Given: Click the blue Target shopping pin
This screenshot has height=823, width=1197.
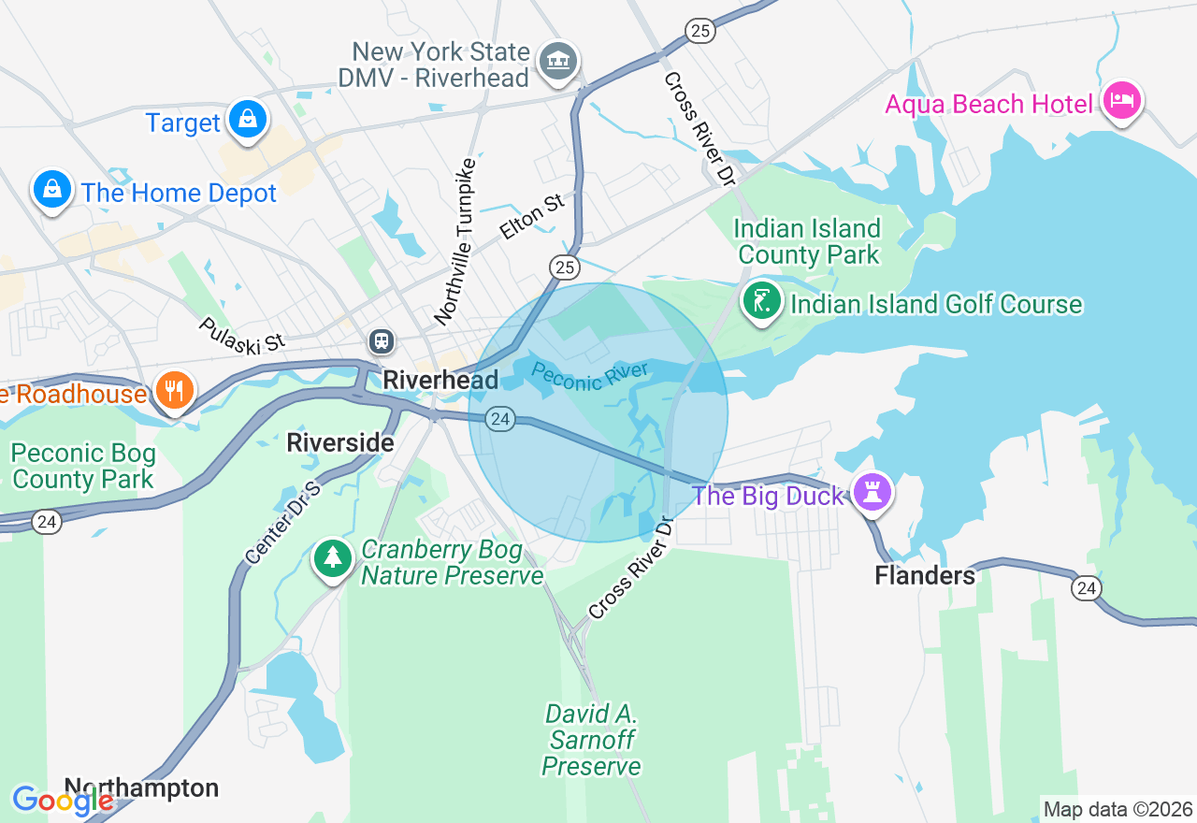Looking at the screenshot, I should (247, 120).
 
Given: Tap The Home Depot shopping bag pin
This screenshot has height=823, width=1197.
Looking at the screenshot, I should (52, 190).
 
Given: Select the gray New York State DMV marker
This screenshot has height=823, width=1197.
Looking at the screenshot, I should (558, 62).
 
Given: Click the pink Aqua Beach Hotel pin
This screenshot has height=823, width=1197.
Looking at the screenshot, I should (1122, 101).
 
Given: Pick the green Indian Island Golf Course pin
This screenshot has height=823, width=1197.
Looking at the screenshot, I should (762, 301).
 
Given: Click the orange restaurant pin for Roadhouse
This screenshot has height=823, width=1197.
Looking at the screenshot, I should (174, 390).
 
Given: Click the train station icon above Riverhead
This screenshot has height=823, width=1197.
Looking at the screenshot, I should (382, 340).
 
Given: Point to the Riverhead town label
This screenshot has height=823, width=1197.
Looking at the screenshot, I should (440, 380).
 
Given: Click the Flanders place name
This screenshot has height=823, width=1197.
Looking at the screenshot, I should (924, 575).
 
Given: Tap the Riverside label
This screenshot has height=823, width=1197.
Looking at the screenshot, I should (340, 442).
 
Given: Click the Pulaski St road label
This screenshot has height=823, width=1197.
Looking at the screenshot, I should (241, 335).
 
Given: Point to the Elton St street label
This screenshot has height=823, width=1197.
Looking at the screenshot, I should (532, 215).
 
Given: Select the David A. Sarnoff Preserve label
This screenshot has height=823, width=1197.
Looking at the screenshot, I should (592, 741).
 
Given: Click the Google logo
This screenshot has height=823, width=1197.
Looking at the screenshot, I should (62, 801).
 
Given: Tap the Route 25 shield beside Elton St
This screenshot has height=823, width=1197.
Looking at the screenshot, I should (564, 267).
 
